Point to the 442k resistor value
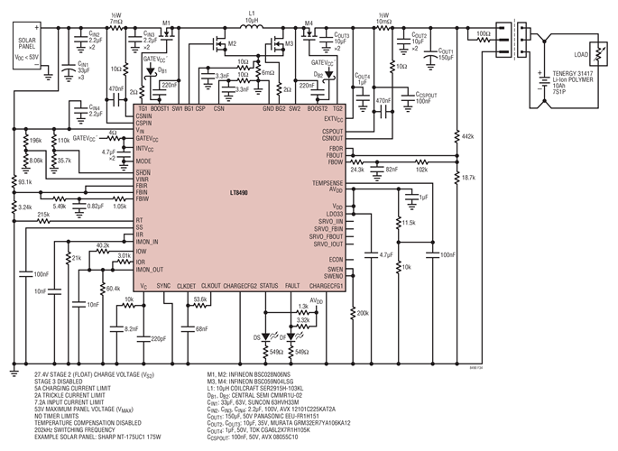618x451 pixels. (467, 136)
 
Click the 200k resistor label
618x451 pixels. (363, 313)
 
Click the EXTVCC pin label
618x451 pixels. (333, 118)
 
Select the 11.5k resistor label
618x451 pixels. (408, 222)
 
